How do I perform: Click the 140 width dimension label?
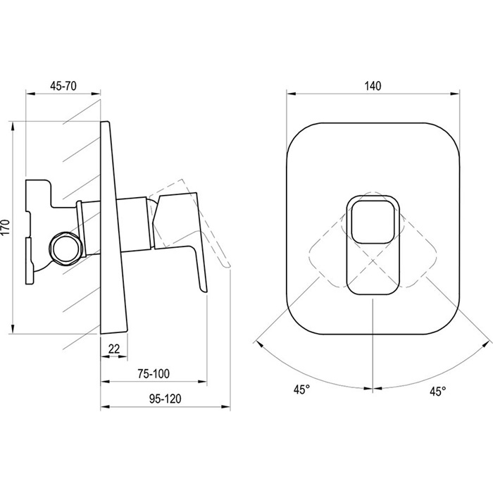[x=373, y=86]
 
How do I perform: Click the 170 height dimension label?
[x=6, y=228]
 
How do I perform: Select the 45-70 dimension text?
[x=63, y=86]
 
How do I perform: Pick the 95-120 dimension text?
[x=166, y=399]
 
